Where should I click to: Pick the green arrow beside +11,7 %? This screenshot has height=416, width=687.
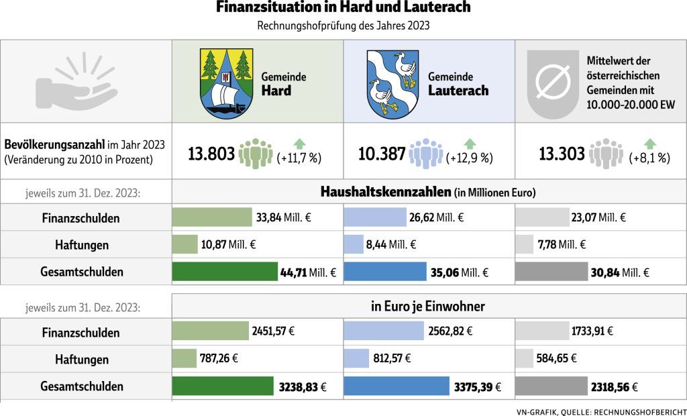(x=299, y=143)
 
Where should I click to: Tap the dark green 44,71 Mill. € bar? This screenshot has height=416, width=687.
(x=225, y=272)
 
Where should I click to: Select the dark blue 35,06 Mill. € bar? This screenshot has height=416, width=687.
(x=385, y=272)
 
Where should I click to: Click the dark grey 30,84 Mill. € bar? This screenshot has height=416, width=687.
(x=551, y=272)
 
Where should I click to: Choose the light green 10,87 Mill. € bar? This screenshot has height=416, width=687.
(x=185, y=245)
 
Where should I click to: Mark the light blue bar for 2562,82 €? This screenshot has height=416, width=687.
(x=384, y=331)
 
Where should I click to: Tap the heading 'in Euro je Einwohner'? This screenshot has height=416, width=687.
(x=428, y=307)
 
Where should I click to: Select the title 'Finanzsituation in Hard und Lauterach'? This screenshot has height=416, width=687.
(x=343, y=8)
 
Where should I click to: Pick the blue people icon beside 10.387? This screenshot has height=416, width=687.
(x=425, y=154)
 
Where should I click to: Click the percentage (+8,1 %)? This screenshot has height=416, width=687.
(x=651, y=158)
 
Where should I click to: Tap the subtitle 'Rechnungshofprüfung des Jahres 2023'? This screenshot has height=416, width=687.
(x=343, y=26)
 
